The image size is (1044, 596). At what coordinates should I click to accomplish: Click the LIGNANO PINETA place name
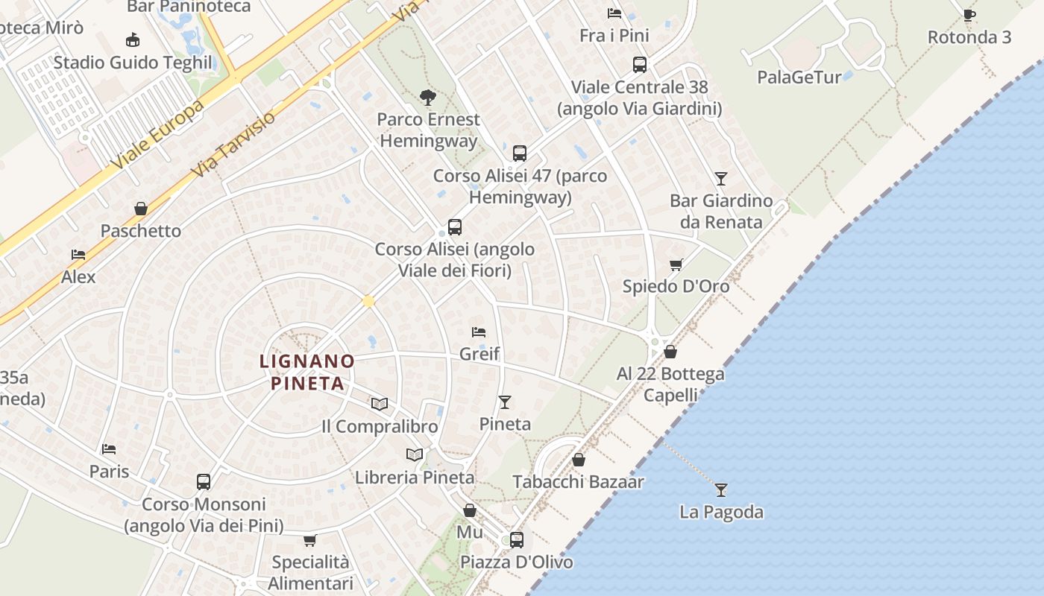point(306,372)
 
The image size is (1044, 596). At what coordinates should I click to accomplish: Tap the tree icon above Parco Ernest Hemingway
point(428,97)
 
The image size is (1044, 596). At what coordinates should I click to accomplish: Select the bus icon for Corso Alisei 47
point(520,153)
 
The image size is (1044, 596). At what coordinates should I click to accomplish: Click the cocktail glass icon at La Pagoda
point(721,489)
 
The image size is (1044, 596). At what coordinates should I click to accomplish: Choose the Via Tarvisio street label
point(233,144)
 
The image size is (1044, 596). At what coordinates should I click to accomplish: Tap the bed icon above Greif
point(479,332)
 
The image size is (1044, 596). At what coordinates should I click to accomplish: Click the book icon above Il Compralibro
point(380,404)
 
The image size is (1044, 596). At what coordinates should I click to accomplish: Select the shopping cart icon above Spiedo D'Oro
point(676,264)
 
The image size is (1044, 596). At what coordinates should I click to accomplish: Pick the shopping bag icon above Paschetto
point(141,209)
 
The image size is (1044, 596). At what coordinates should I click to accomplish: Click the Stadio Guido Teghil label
point(133,63)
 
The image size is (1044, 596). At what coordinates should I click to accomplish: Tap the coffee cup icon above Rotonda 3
point(969,15)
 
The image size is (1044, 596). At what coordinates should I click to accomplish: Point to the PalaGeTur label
point(799,77)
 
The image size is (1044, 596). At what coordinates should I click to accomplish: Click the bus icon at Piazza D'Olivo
point(517,539)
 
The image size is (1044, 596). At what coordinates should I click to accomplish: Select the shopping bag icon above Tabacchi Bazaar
point(579,460)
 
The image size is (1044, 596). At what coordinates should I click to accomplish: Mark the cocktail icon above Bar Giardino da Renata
point(720,178)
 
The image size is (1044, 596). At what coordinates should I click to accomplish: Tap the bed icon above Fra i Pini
point(614,13)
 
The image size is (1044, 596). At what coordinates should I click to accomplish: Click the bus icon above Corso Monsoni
point(204,482)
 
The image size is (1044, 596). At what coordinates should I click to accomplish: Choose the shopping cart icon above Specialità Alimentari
point(310,540)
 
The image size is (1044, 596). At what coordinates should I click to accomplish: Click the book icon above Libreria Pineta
point(415,454)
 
